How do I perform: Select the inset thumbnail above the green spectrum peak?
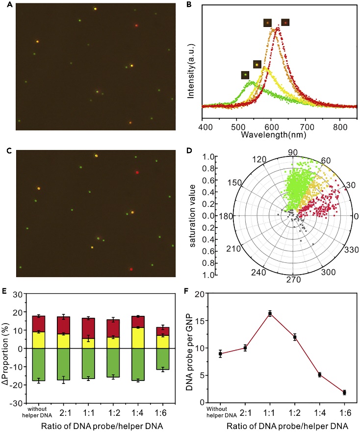point(245,75)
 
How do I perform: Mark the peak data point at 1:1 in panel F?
point(269,313)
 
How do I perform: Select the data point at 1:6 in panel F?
point(344,392)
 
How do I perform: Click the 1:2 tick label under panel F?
point(294,410)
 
